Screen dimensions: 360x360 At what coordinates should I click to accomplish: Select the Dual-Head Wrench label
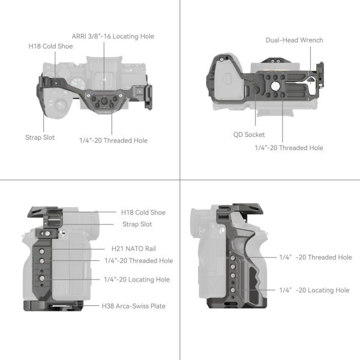(294, 40)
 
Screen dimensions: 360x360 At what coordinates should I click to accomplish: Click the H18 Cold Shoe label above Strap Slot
(143, 212)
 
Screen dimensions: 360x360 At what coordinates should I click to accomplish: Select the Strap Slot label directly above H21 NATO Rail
(137, 224)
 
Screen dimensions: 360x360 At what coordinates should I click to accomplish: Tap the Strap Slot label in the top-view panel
(40, 137)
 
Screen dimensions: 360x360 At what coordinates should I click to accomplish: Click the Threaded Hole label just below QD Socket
(289, 148)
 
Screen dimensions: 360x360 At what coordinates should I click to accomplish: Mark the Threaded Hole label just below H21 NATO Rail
(138, 260)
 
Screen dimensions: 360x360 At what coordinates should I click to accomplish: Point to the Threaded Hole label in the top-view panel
(113, 140)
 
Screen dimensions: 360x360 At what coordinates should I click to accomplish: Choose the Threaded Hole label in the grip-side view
(315, 257)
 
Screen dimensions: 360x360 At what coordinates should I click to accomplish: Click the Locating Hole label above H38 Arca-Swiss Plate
(136, 280)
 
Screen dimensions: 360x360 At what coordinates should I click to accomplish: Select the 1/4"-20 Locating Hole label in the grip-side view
(314, 290)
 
